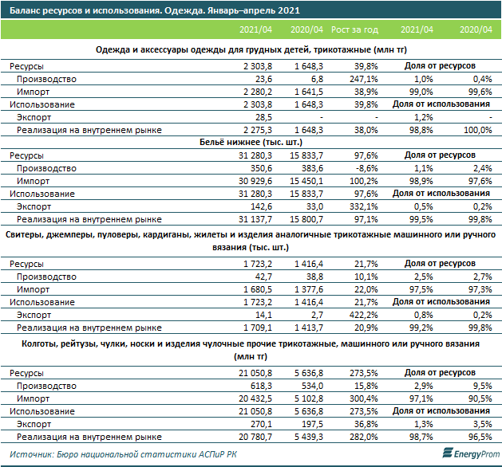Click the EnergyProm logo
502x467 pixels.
coord(471,453)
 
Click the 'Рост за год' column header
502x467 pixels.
coord(354,29)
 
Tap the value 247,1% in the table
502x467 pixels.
coord(364,79)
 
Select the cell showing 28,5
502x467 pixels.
coord(264,117)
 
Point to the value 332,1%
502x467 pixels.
coord(364,206)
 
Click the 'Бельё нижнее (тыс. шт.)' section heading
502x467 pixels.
coord(251,142)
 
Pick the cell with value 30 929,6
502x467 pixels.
coord(255,181)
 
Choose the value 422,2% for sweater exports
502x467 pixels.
coord(364,315)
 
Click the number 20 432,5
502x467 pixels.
coord(255,398)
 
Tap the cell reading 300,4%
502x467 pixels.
coord(364,398)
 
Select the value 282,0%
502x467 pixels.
coord(364,437)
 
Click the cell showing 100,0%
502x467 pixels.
coord(478,130)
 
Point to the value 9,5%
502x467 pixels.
coord(483,386)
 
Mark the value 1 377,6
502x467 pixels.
coord(309,289)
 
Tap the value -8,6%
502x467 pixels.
coord(366,168)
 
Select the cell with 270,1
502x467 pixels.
coord(261,424)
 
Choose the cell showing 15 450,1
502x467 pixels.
coord(306,181)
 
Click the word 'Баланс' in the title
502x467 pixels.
coord(25,10)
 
